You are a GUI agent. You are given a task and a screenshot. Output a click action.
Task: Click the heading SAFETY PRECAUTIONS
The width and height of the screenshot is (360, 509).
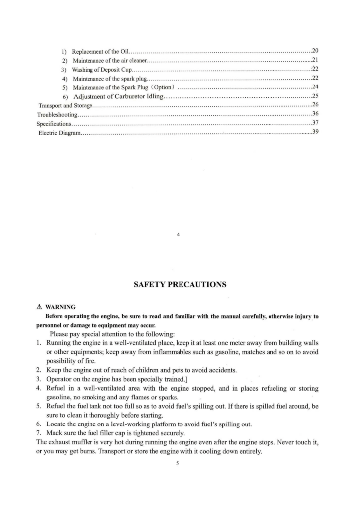point(180,285)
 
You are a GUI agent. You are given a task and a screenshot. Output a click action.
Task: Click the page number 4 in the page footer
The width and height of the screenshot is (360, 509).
point(178,235)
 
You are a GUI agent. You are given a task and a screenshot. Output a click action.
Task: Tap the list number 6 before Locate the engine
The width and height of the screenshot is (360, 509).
point(38,424)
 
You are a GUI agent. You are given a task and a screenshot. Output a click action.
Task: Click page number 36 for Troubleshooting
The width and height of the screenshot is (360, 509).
point(315,114)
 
